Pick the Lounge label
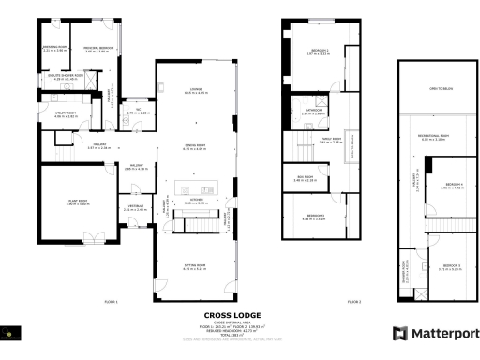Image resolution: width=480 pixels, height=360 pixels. click(196, 91)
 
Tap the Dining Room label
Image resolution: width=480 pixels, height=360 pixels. click(196, 147)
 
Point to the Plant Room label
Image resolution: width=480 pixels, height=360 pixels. click(79, 202)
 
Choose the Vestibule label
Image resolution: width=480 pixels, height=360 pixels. click(131, 208)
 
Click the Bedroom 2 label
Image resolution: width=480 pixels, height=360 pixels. click(319, 52)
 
